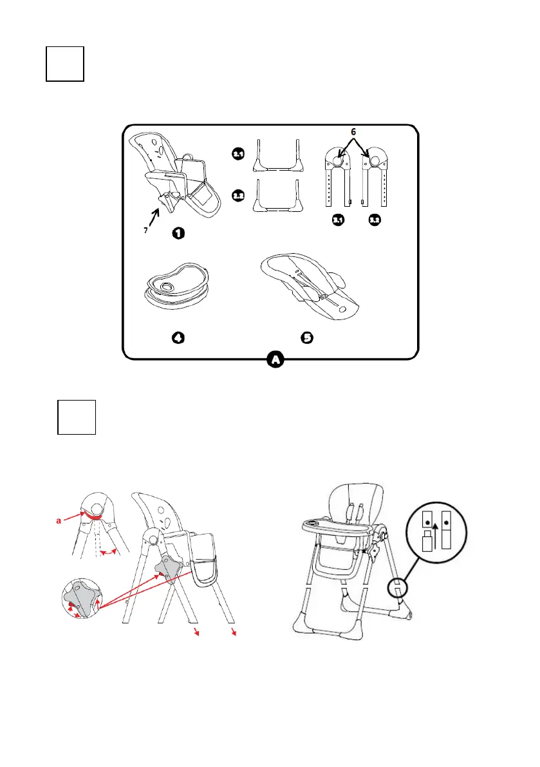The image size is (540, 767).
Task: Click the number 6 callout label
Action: click(352, 131)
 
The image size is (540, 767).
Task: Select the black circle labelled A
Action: click(275, 360)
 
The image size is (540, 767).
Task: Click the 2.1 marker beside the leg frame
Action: click(238, 154)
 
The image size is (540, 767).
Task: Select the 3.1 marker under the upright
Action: click(338, 221)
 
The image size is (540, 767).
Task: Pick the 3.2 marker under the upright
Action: click(375, 221)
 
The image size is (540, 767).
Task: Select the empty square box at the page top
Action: click(65, 63)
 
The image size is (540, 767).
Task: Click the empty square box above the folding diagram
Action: click(76, 417)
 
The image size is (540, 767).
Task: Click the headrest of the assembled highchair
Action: click(349, 497)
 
